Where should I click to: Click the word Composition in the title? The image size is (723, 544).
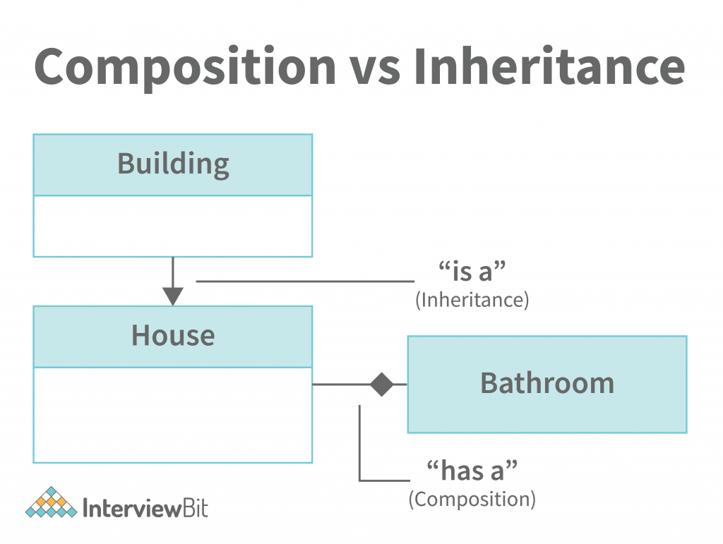(185, 67)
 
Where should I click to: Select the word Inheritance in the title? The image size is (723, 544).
(549, 67)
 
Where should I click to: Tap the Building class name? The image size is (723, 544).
(173, 164)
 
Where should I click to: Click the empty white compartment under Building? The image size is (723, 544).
(173, 226)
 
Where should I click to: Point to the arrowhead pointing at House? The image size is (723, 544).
(173, 296)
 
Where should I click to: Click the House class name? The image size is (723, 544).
(173, 335)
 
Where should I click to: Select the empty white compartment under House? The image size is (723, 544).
(173, 415)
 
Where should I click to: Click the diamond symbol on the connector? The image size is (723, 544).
(381, 385)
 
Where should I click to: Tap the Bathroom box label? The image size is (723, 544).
(547, 383)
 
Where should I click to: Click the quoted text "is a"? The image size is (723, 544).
(472, 272)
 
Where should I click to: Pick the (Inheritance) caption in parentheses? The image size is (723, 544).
(472, 300)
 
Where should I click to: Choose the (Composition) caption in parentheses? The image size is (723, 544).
(472, 499)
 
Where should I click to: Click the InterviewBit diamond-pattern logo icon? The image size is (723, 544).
(51, 502)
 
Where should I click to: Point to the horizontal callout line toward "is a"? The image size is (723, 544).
(304, 282)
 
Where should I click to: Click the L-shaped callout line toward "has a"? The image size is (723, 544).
(360, 452)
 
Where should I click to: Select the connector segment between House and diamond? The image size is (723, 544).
(340, 385)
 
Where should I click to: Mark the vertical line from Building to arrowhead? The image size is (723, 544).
(173, 271)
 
